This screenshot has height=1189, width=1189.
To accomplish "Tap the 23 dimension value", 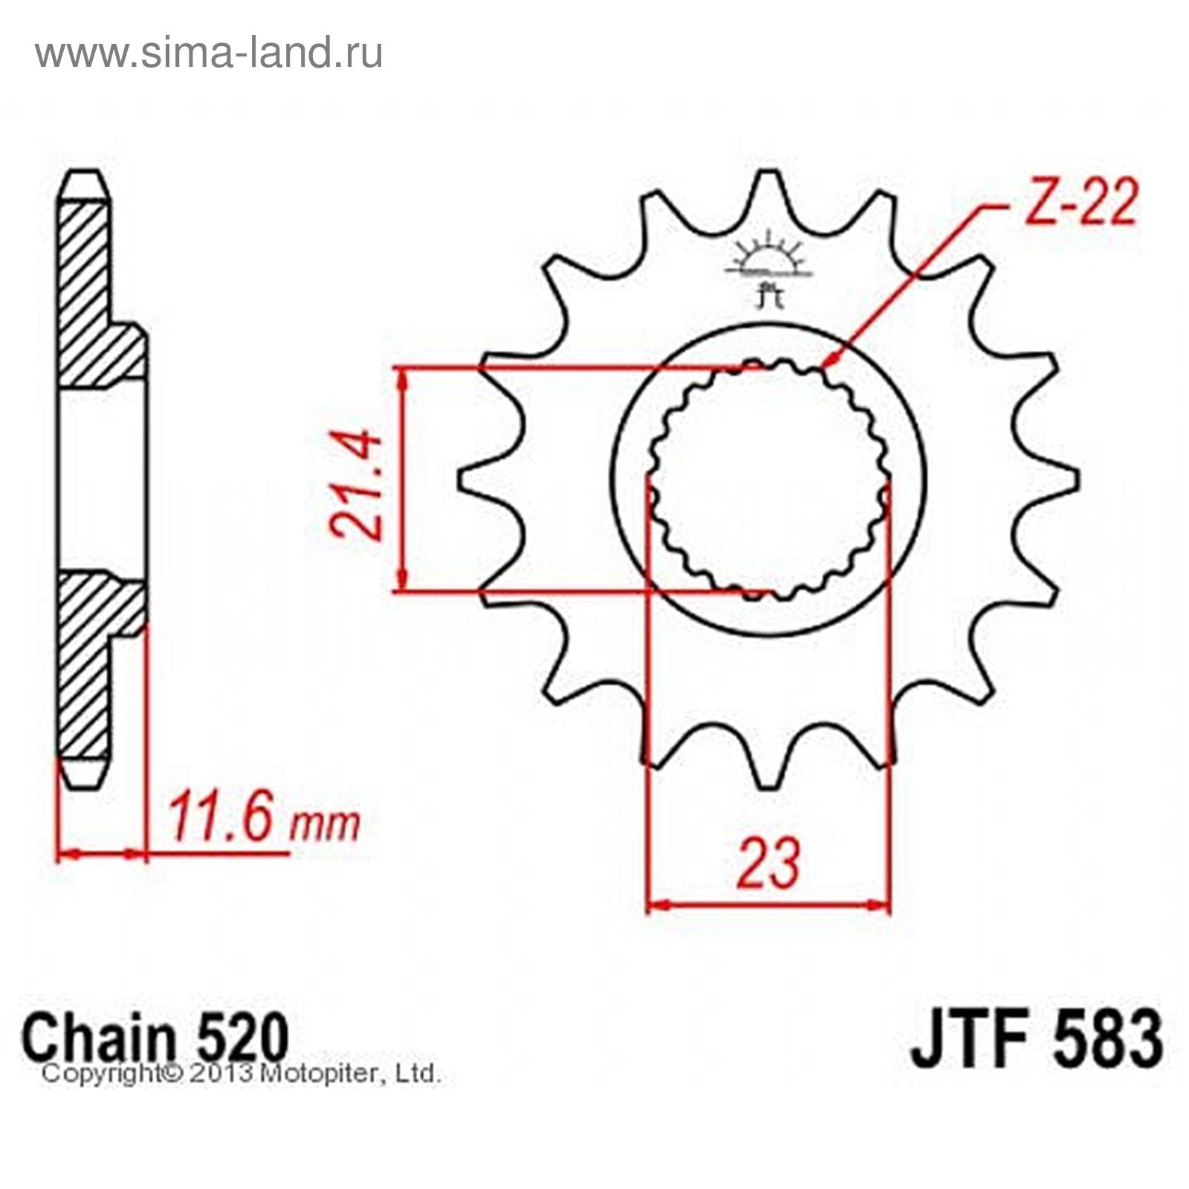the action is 768,863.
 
